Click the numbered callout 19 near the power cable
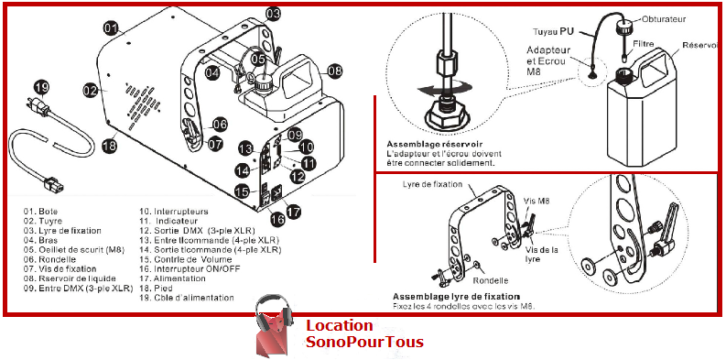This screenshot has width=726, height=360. (40, 89)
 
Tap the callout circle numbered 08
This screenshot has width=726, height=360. (335, 71)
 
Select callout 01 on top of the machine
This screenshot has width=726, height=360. (111, 28)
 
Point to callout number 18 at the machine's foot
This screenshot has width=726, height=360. (109, 145)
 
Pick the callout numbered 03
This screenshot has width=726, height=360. (274, 14)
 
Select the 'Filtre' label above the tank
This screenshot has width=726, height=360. (645, 43)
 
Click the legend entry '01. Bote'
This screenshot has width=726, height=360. (40, 211)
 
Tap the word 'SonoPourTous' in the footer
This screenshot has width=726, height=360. (364, 343)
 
